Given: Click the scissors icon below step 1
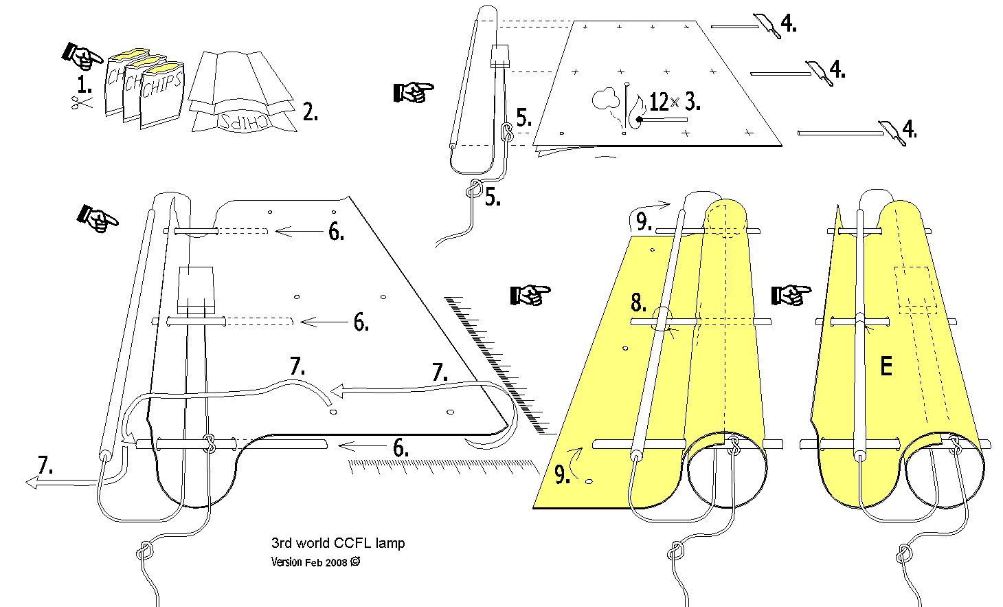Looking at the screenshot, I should [x=82, y=103].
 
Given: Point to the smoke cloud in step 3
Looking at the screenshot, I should [x=605, y=100].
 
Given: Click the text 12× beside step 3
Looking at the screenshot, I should [x=663, y=102].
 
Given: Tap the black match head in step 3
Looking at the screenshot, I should [x=640, y=120].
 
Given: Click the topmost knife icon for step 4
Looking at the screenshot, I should [x=767, y=25].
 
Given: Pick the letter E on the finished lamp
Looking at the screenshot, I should [x=886, y=366].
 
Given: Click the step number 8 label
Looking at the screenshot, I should [x=638, y=302].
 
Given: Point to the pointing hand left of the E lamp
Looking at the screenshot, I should [x=791, y=296].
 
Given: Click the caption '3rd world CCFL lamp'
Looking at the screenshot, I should [x=338, y=543].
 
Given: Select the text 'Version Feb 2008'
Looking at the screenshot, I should [x=309, y=562].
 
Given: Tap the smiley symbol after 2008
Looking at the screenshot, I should [x=355, y=562].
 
